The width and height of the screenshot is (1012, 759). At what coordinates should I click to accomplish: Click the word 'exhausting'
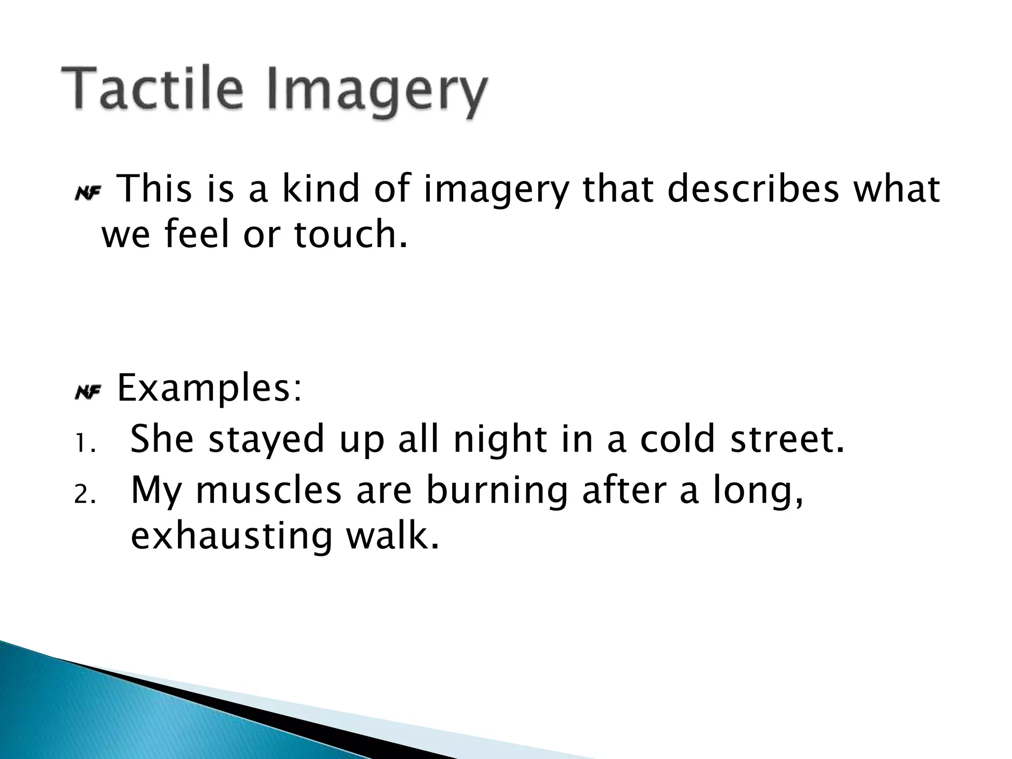tap(231, 537)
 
